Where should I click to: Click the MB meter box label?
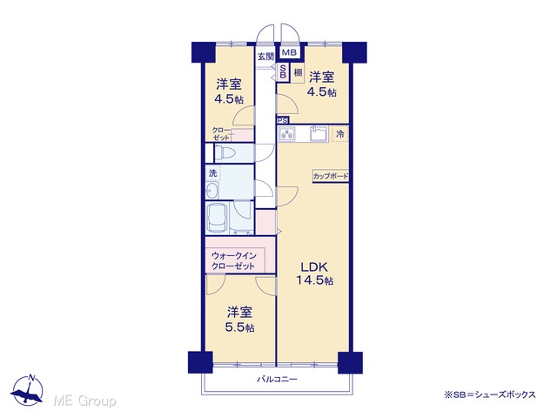click(289, 53)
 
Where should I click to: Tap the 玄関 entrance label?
click(265, 57)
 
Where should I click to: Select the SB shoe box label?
click(283, 71)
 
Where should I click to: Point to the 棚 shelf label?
click(298, 72)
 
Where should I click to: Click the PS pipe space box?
click(283, 120)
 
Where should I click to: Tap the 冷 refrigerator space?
click(340, 134)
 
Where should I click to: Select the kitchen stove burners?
click(287, 134)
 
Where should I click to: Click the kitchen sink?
click(319, 133)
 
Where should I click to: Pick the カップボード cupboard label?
click(331, 176)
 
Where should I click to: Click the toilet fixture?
click(225, 153)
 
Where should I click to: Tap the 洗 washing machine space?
click(212, 173)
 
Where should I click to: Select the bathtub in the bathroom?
click(218, 218)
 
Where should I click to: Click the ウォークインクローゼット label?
click(233, 261)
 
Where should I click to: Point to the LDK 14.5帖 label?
click(314, 273)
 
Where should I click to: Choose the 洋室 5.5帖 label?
click(240, 320)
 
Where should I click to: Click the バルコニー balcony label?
click(277, 380)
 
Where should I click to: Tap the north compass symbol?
click(27, 390)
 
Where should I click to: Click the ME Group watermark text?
click(84, 401)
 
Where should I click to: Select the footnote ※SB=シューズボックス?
click(489, 394)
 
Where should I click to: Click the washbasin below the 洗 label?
click(212, 191)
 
